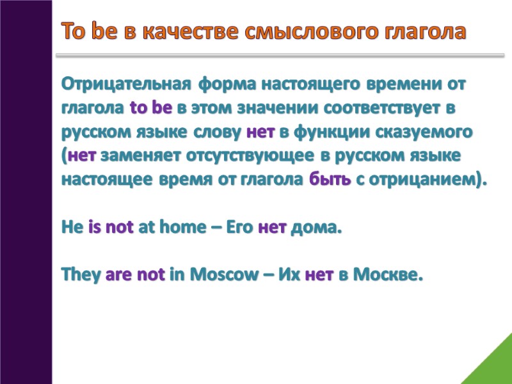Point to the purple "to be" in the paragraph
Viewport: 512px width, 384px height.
[x=151, y=108]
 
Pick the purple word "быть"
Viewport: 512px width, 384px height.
[x=330, y=180]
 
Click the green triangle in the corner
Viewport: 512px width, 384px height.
[x=493, y=365]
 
